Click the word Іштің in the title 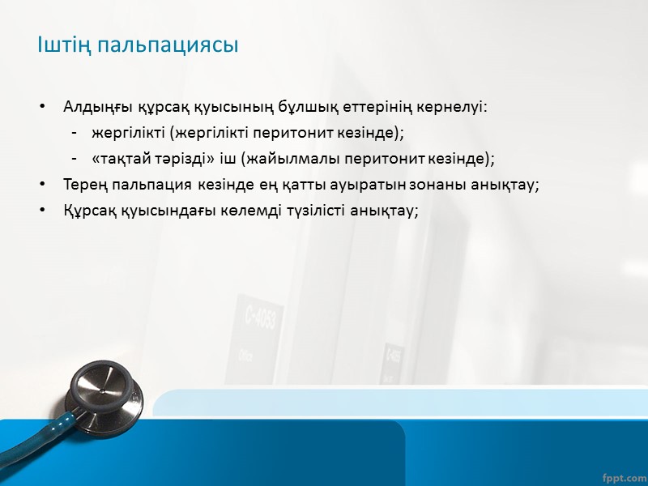62,45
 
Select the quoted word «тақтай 121,159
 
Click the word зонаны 442,185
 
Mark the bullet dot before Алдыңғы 43,108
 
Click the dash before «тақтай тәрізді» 74,160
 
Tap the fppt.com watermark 625,475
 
